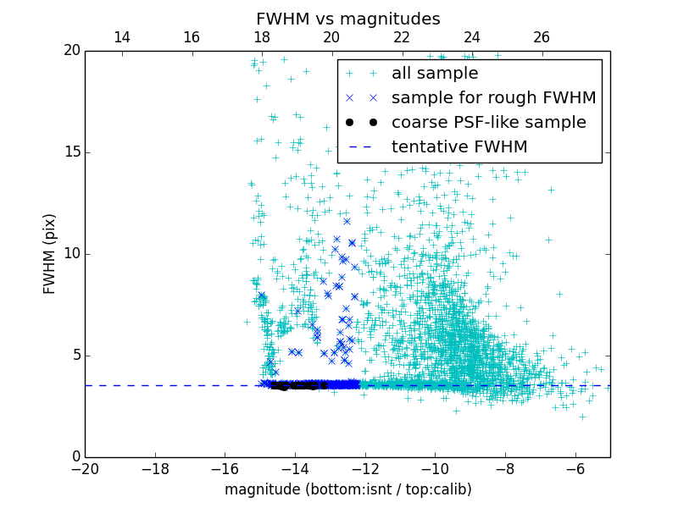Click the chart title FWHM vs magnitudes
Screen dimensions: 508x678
point(347,19)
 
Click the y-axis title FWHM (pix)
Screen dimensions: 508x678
point(50,254)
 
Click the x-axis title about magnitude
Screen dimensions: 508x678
point(347,489)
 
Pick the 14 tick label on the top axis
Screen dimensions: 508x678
point(121,37)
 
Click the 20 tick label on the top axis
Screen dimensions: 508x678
point(331,37)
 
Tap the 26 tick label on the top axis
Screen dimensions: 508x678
point(542,37)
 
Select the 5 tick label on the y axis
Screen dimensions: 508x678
point(75,356)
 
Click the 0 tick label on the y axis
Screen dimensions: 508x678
point(75,457)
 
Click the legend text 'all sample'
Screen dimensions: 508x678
point(435,74)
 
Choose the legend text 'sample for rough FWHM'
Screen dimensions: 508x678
point(494,98)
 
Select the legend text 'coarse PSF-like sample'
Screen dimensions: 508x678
point(489,123)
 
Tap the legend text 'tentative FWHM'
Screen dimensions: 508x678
point(459,147)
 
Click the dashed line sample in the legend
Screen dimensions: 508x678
point(361,147)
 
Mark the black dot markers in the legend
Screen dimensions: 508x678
point(361,123)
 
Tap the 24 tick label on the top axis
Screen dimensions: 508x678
point(471,37)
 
